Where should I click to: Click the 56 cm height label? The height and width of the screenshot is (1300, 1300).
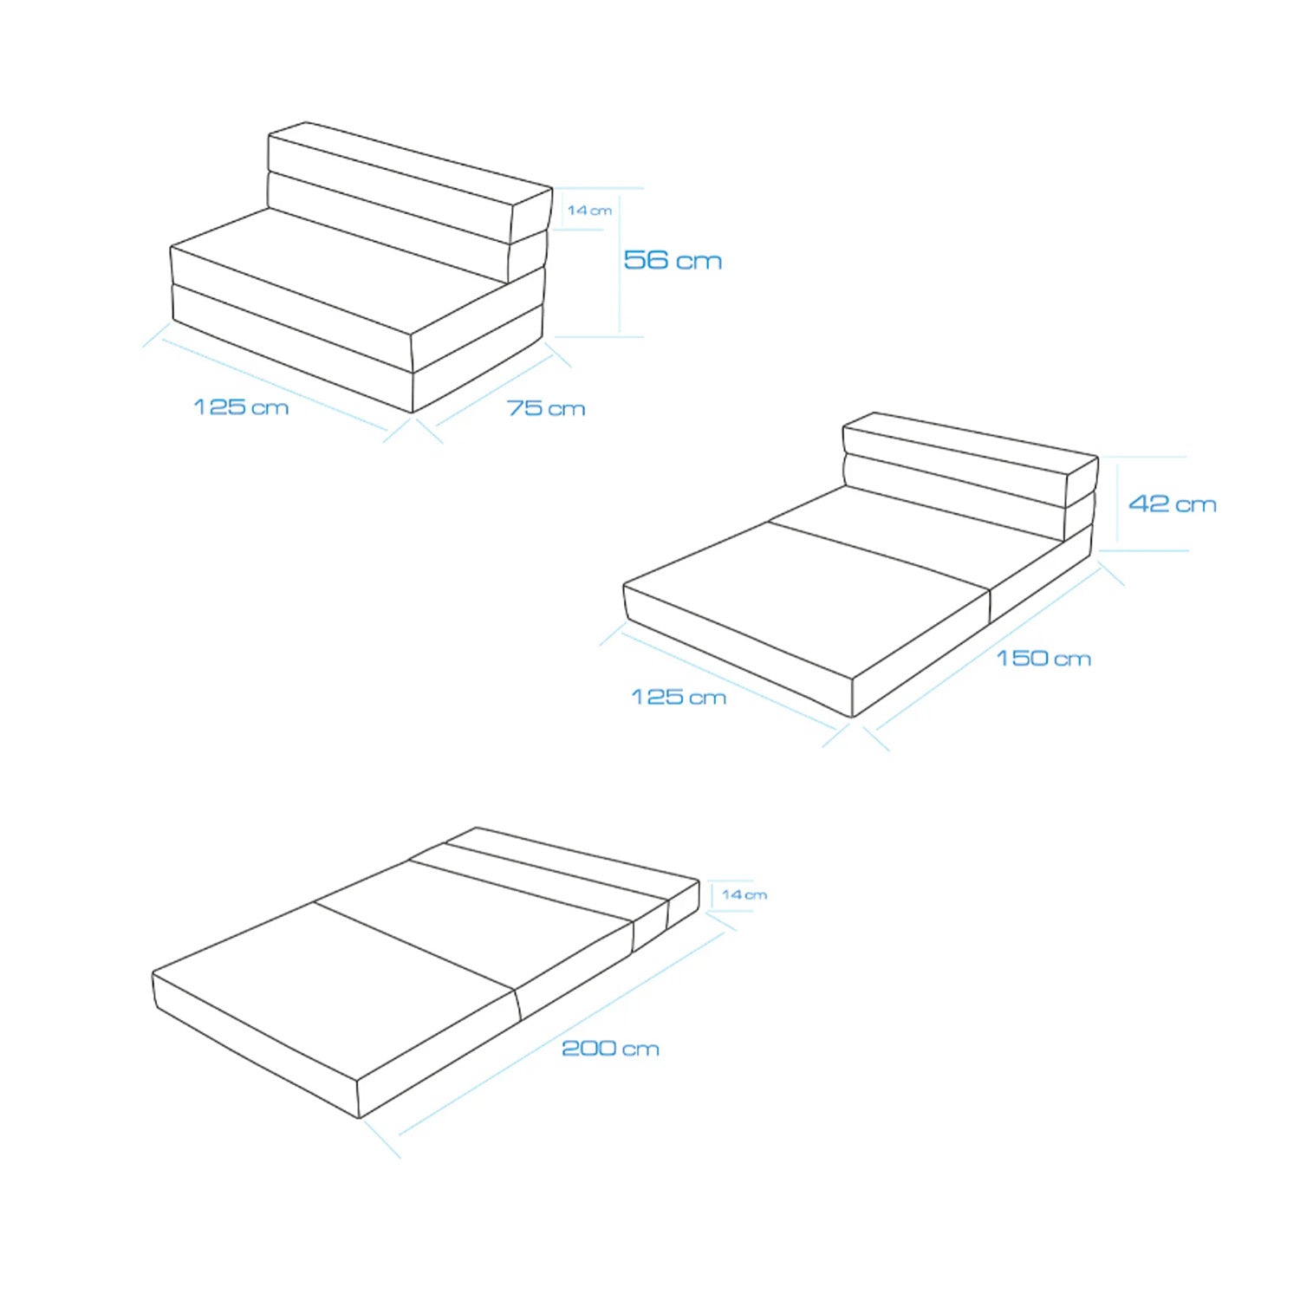[x=673, y=260]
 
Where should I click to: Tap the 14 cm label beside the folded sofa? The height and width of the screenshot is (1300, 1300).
[x=589, y=211]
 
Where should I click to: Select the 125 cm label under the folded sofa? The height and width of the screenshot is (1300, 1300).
[x=241, y=407]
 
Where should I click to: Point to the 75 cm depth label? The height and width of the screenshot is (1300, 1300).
[x=546, y=408]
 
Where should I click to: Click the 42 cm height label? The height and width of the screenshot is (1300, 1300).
[x=1173, y=504]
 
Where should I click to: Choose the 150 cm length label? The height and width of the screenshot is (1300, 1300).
[x=1043, y=659]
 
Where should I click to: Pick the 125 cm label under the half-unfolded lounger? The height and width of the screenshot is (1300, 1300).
[x=679, y=697]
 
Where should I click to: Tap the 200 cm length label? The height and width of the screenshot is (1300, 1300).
[x=610, y=1049]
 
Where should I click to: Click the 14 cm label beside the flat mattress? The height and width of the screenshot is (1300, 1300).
[x=744, y=894]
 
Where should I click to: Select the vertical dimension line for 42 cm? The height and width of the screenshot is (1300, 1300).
[x=1117, y=504]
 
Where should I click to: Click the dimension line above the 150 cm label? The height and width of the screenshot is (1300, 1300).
[x=989, y=647]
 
